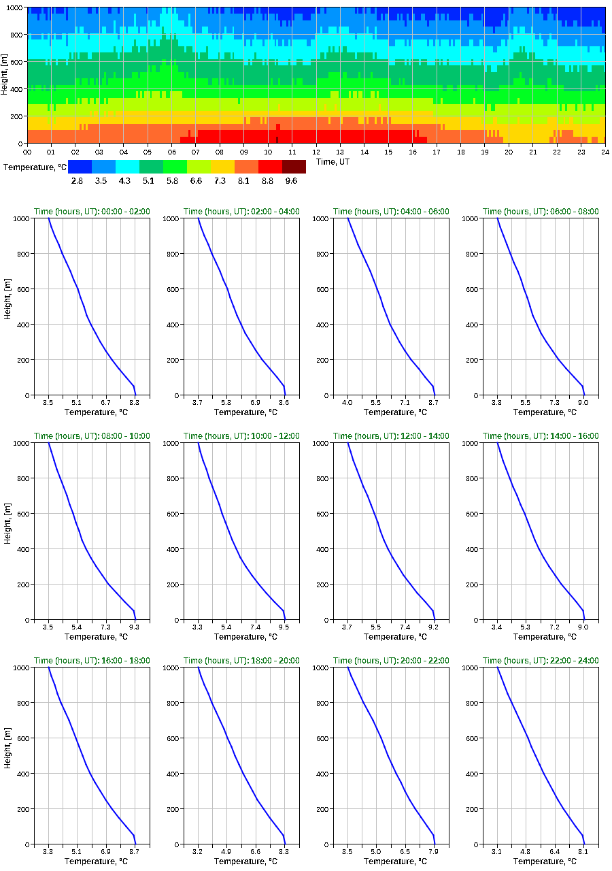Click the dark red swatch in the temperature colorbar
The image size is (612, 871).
click(x=294, y=166)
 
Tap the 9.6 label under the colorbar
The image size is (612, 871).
click(x=291, y=180)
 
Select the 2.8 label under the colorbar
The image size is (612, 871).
click(x=77, y=180)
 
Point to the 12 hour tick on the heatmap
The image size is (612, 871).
click(x=316, y=152)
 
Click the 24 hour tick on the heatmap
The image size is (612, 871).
click(x=605, y=152)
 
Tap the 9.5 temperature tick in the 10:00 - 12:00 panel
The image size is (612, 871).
click(x=284, y=627)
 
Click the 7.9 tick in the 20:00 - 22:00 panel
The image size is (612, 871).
click(x=433, y=851)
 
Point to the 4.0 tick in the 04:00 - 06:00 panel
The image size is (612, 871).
click(x=347, y=403)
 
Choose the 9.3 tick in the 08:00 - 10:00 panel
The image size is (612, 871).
click(x=134, y=627)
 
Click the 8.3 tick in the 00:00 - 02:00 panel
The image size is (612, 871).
click(x=134, y=403)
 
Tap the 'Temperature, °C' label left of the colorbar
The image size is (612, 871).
click(x=35, y=167)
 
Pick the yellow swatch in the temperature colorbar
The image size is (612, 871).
click(x=222, y=166)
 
